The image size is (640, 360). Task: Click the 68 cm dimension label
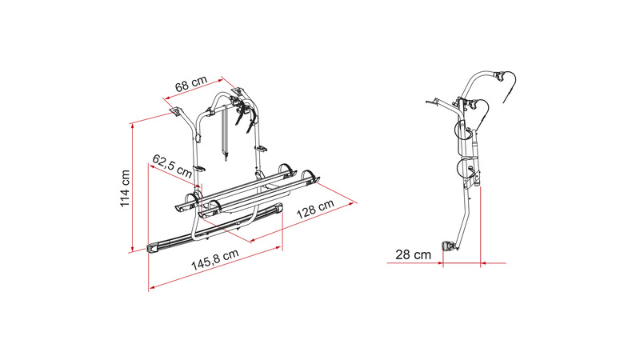point(191,84)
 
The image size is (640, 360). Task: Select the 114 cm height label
point(125,188)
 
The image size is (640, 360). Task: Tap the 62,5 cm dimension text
point(171,166)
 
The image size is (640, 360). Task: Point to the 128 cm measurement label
point(315,209)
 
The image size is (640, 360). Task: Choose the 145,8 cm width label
point(215,259)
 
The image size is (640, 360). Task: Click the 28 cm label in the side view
point(413,254)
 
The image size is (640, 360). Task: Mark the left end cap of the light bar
point(154,248)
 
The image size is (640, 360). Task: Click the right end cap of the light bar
point(278,210)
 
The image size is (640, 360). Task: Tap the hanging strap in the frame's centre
point(225,134)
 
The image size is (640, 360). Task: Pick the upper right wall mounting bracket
point(237,91)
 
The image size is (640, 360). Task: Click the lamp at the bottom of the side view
point(448,246)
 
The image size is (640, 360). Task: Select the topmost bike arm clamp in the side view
point(498,75)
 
